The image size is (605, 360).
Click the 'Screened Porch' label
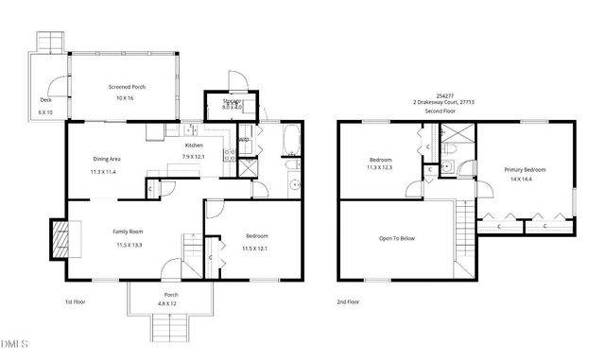coord(126,87)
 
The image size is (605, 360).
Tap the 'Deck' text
coord(45,99)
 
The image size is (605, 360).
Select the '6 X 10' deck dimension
coord(46,112)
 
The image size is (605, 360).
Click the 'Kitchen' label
coord(194,145)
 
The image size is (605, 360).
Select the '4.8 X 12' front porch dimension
coord(171,303)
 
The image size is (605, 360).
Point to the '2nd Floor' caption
coord(347,301)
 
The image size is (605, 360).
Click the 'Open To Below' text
coord(397,238)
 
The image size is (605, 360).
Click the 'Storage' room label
coord(233,101)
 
